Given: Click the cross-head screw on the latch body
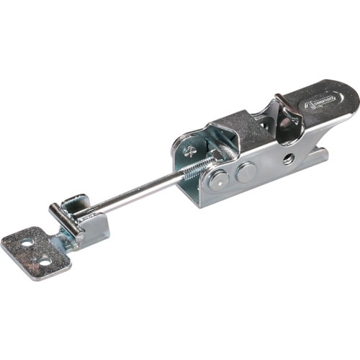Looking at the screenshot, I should coord(189,151).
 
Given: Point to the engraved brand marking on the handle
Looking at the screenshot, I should coord(317,102).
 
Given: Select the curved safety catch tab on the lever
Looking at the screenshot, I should coord(286,108).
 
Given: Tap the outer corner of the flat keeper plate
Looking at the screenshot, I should coord(7,249).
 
